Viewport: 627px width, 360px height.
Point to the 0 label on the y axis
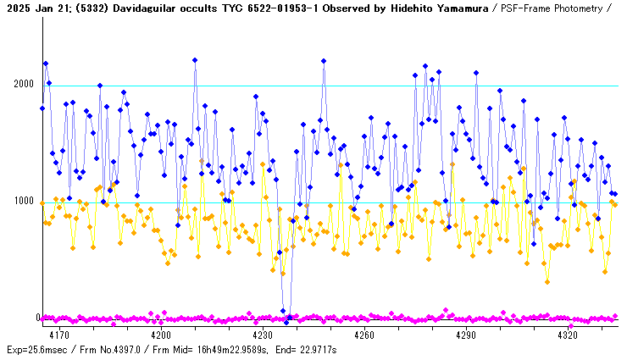(37, 318)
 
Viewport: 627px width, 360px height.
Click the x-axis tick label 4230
(262, 335)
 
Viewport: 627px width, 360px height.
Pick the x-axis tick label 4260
(363, 335)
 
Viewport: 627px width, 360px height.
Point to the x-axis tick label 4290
(465, 335)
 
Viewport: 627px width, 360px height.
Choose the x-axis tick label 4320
(567, 335)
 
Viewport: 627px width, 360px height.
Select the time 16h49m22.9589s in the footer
(238, 349)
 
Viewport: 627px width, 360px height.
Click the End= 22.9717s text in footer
(308, 349)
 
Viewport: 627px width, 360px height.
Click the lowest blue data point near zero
(286, 322)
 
